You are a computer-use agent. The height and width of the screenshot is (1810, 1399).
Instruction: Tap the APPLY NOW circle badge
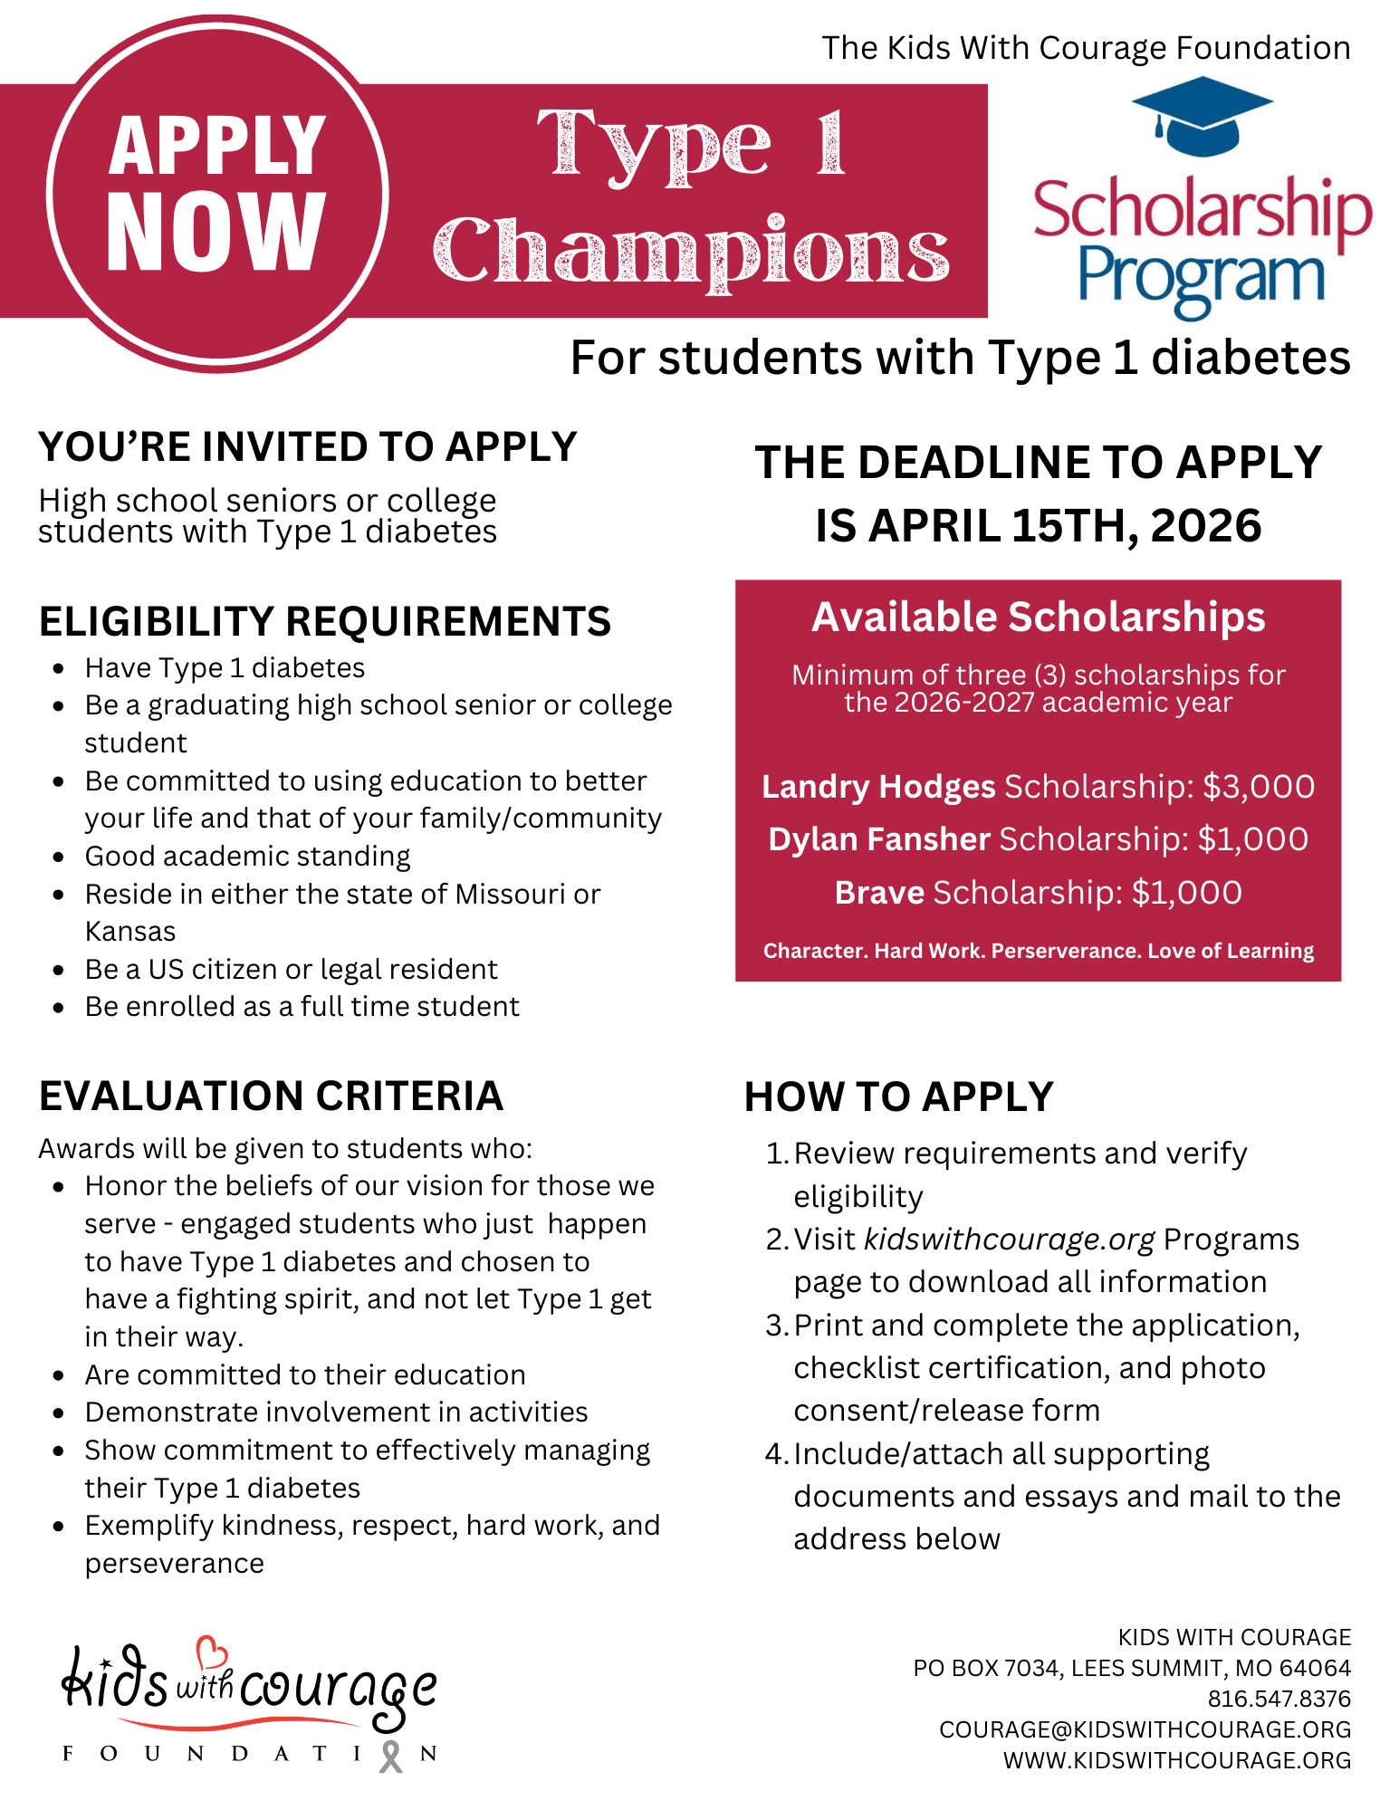point(217,193)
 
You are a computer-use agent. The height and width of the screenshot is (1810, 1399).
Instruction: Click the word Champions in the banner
point(692,252)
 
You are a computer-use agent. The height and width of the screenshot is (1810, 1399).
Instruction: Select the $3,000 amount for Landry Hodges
point(1259,787)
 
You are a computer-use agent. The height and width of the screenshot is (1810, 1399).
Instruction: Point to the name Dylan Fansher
point(878,839)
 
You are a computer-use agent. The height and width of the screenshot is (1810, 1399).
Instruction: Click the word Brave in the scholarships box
point(878,893)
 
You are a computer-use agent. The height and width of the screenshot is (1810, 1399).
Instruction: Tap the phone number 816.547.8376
point(1279,1699)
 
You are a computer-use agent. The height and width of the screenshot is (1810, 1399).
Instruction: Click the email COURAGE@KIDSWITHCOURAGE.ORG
point(1145,1729)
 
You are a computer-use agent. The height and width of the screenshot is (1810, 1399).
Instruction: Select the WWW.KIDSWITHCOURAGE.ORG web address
point(1176,1760)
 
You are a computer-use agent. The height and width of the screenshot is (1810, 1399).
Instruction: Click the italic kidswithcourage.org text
point(1009,1239)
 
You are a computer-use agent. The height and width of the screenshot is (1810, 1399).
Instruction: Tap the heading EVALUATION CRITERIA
point(271,1096)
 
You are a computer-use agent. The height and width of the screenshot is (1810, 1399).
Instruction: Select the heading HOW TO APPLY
point(898,1097)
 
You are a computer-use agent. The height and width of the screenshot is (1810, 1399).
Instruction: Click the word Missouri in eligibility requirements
point(508,895)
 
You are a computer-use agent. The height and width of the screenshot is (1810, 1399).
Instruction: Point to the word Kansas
point(130,932)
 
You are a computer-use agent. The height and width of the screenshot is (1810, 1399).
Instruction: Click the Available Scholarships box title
point(1038,618)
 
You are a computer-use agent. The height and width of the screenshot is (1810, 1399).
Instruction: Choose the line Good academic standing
point(247,857)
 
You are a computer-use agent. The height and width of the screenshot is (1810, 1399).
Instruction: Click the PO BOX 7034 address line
point(1132,1668)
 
